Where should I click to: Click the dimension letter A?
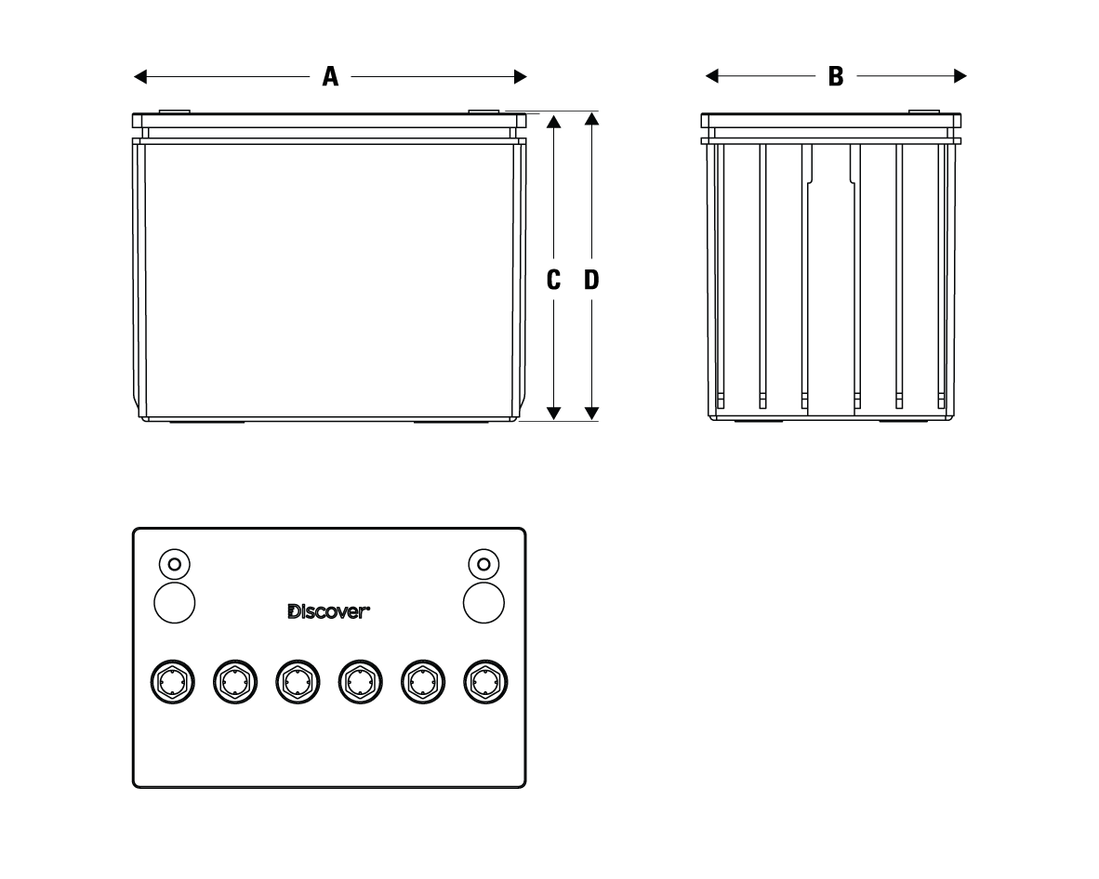[x=330, y=76]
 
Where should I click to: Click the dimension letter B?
[x=836, y=76]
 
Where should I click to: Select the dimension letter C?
[x=554, y=279]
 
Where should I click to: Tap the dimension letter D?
[x=591, y=279]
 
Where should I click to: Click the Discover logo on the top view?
[x=329, y=611]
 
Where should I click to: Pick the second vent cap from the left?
[x=234, y=683]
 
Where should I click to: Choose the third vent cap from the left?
[x=297, y=683]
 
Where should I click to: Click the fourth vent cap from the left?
[x=359, y=683]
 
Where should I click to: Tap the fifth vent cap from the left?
[x=421, y=683]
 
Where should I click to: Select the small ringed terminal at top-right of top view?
[x=483, y=563]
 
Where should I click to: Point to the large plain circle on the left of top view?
[x=174, y=602]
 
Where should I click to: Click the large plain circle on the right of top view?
[x=483, y=602]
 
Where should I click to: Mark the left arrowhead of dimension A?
[x=140, y=76]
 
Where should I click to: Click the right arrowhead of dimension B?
[x=960, y=76]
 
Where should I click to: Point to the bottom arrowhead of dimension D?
[x=591, y=413]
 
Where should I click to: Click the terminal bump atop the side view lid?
[x=924, y=112]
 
